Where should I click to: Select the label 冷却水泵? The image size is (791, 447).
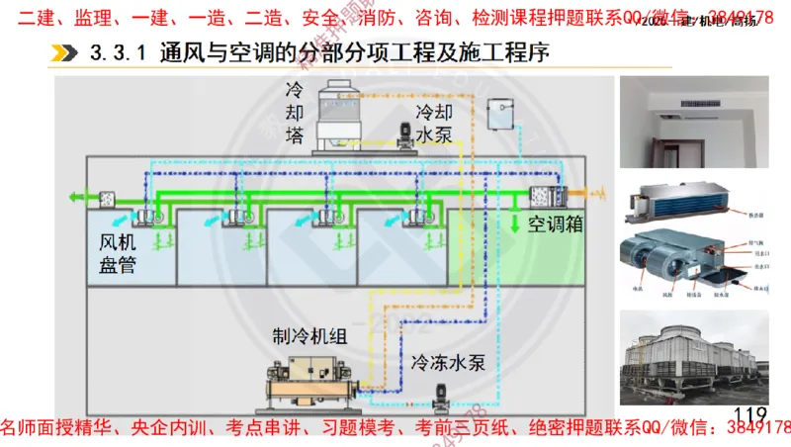435,124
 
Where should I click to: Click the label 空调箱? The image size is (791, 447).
555,224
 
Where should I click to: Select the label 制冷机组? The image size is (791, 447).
309,336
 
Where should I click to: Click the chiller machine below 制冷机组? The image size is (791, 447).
307,386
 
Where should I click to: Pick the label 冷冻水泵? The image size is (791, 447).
446,362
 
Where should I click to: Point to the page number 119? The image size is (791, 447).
750,414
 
